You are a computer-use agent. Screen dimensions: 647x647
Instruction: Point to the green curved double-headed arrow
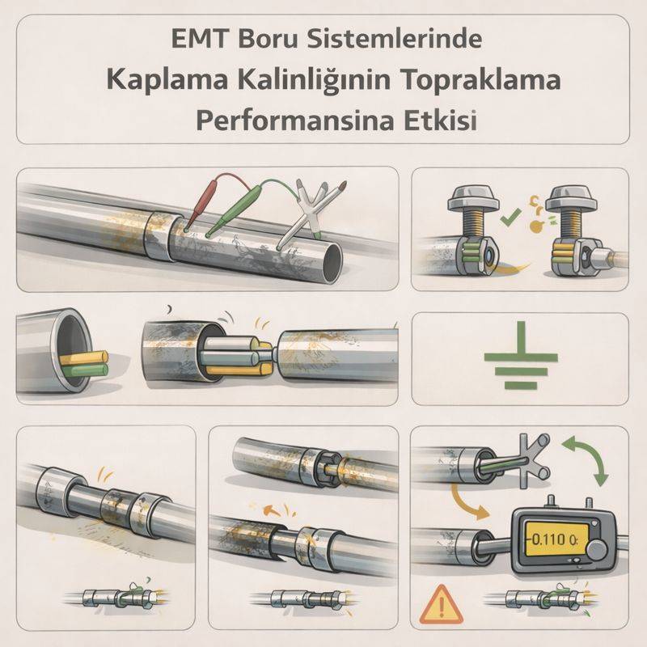click(587, 458)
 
